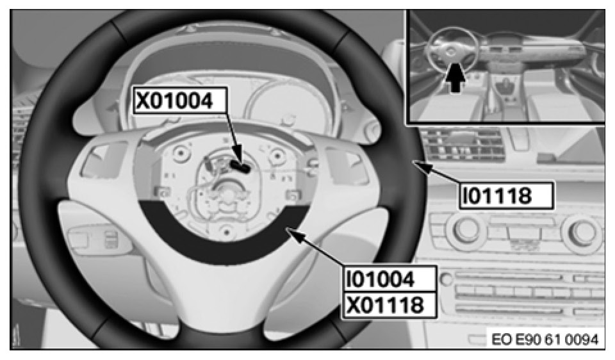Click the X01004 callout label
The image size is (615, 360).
tap(180, 101)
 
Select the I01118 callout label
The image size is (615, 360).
tap(506, 195)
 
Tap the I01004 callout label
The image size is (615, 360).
tap(389, 279)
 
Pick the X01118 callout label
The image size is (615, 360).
tap(389, 305)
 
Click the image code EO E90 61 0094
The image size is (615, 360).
tap(545, 340)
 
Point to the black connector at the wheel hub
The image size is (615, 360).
tap(240, 167)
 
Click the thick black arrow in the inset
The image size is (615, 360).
tap(455, 78)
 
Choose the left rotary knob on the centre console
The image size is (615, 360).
tap(466, 229)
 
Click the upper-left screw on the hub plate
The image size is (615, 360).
tap(180, 154)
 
